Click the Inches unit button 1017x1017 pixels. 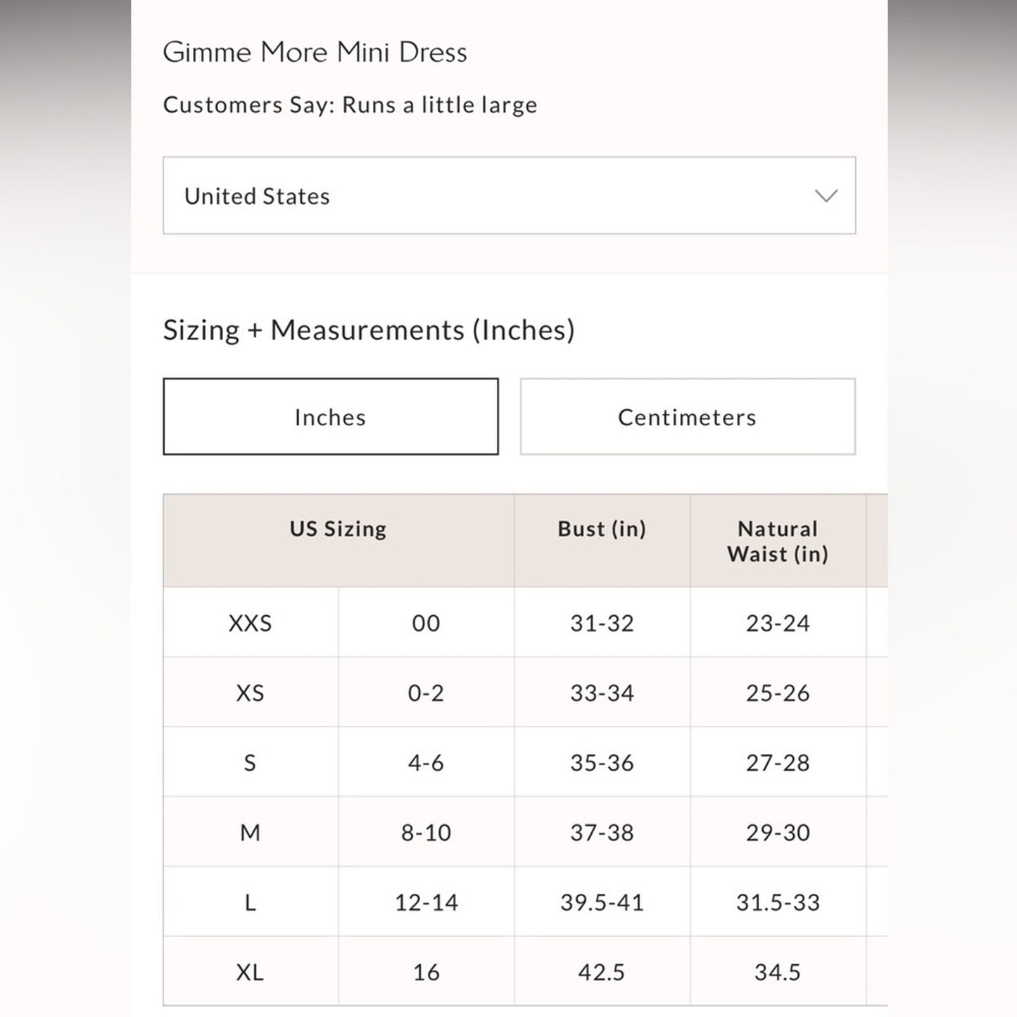[330, 417]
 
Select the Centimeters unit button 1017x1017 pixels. [687, 417]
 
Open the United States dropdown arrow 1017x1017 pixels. [826, 196]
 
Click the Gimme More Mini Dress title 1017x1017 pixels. [315, 52]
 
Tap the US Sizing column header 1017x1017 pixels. [338, 529]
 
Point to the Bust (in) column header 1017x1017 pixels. [602, 529]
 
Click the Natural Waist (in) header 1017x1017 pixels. [777, 541]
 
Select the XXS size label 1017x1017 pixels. [250, 623]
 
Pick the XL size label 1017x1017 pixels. [250, 972]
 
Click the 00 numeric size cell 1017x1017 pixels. [426, 623]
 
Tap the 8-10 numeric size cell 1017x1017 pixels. [426, 833]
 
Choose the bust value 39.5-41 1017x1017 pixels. [602, 902]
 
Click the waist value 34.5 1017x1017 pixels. [777, 972]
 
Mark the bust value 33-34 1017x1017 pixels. [602, 693]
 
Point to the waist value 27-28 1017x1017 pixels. [777, 762]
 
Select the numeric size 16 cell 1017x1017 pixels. [426, 972]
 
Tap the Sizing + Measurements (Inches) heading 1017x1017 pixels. [369, 329]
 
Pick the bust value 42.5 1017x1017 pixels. [602, 972]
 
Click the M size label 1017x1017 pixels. [250, 833]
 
